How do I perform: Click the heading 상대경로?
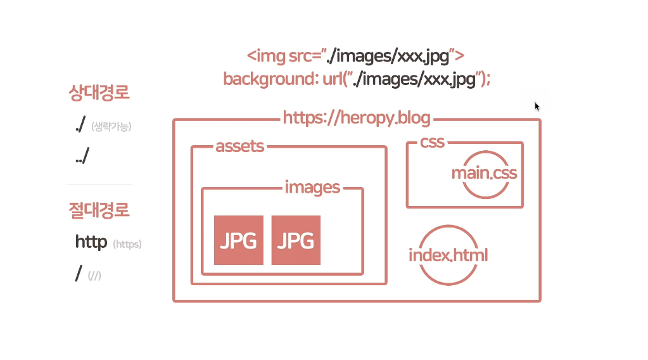[99, 93]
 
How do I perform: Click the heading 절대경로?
[99, 209]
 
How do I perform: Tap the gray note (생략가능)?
[111, 127]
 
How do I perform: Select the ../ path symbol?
[82, 157]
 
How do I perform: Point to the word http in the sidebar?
[91, 241]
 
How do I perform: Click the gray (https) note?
[127, 244]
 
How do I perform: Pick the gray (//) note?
[95, 275]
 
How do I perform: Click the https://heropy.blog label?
[357, 118]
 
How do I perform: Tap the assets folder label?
[239, 146]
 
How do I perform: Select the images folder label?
[312, 187]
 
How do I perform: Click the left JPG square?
[239, 240]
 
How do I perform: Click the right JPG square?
[296, 240]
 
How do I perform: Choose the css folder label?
[433, 142]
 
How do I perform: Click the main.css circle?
[484, 173]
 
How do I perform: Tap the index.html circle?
[448, 255]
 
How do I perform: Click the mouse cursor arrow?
[537, 106]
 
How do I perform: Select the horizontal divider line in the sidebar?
[99, 184]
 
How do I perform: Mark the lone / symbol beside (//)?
[79, 273]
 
